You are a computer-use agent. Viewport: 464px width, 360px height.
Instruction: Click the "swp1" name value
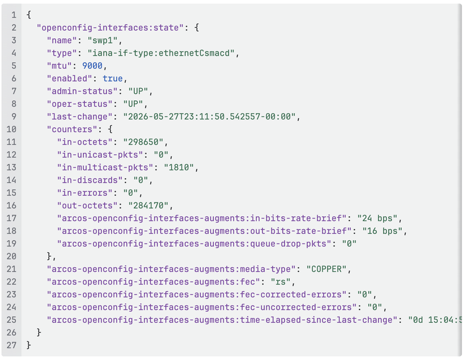click(103, 40)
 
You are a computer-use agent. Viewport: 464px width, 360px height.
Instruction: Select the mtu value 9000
click(92, 66)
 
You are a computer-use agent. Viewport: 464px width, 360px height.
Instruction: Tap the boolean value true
click(113, 78)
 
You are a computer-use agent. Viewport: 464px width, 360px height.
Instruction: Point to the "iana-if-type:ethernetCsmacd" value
click(161, 53)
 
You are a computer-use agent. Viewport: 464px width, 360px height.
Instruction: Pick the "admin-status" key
click(82, 91)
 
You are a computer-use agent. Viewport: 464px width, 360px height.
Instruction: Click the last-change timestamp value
click(209, 117)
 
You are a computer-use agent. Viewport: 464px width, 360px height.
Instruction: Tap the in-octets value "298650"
click(143, 142)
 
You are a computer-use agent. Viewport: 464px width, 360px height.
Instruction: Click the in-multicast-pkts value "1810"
click(179, 168)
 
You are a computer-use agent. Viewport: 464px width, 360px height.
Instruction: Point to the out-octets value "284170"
click(148, 206)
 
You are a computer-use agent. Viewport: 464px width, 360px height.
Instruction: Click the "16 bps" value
click(382, 231)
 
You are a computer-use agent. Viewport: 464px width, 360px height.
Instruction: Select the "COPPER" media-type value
click(327, 269)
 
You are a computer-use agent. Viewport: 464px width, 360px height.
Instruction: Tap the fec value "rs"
click(281, 282)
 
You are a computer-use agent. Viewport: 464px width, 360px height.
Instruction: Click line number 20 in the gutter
click(11, 256)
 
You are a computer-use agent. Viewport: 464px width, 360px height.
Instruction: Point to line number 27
click(11, 345)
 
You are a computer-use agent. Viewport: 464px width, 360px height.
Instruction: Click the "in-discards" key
click(90, 180)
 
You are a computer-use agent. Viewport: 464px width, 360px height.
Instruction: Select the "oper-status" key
click(79, 104)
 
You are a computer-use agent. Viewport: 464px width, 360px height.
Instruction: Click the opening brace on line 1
click(28, 15)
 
